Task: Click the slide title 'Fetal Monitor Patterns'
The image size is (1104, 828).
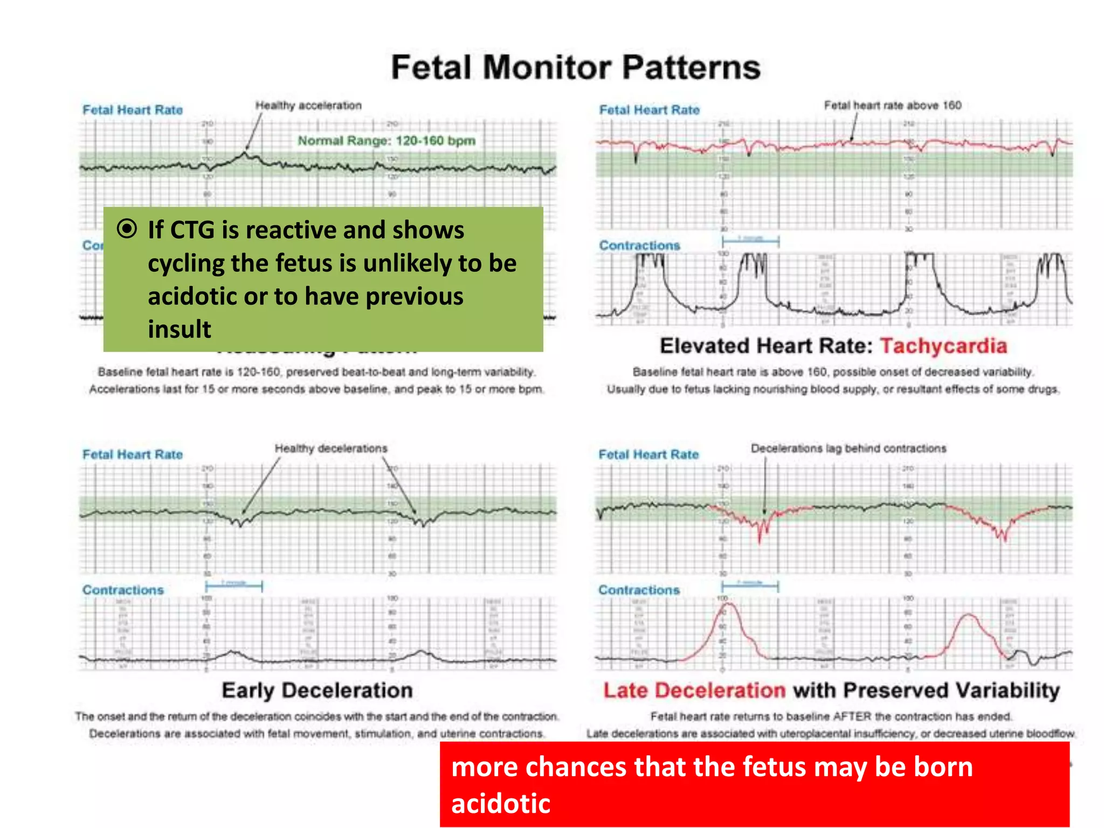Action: click(x=576, y=68)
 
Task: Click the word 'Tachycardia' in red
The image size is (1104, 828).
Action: click(x=943, y=346)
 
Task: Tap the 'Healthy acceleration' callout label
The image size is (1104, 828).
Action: click(x=308, y=106)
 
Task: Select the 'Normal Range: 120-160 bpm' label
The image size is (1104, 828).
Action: click(x=387, y=141)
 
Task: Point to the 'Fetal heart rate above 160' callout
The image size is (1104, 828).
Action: click(x=892, y=106)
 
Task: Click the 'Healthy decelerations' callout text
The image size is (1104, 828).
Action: click(x=331, y=448)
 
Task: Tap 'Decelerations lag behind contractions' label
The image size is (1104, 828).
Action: click(x=848, y=448)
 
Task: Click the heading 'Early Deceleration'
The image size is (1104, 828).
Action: click(x=318, y=691)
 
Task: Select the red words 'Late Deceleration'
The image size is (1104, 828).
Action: click(x=694, y=691)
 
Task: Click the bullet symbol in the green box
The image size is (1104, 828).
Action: click(x=127, y=229)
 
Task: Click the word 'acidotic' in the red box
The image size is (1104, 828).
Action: click(x=501, y=803)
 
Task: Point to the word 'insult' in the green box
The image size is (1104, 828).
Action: click(x=180, y=329)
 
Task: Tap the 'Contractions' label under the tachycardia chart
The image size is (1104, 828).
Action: click(x=639, y=246)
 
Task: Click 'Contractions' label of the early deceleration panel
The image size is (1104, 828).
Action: click(x=123, y=590)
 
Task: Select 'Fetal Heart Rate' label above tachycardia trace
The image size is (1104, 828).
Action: click(x=650, y=111)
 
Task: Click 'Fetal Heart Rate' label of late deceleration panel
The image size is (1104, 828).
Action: click(x=648, y=455)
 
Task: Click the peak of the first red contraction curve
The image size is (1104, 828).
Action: click(x=728, y=604)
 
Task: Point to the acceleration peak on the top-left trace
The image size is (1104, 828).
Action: click(x=244, y=154)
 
